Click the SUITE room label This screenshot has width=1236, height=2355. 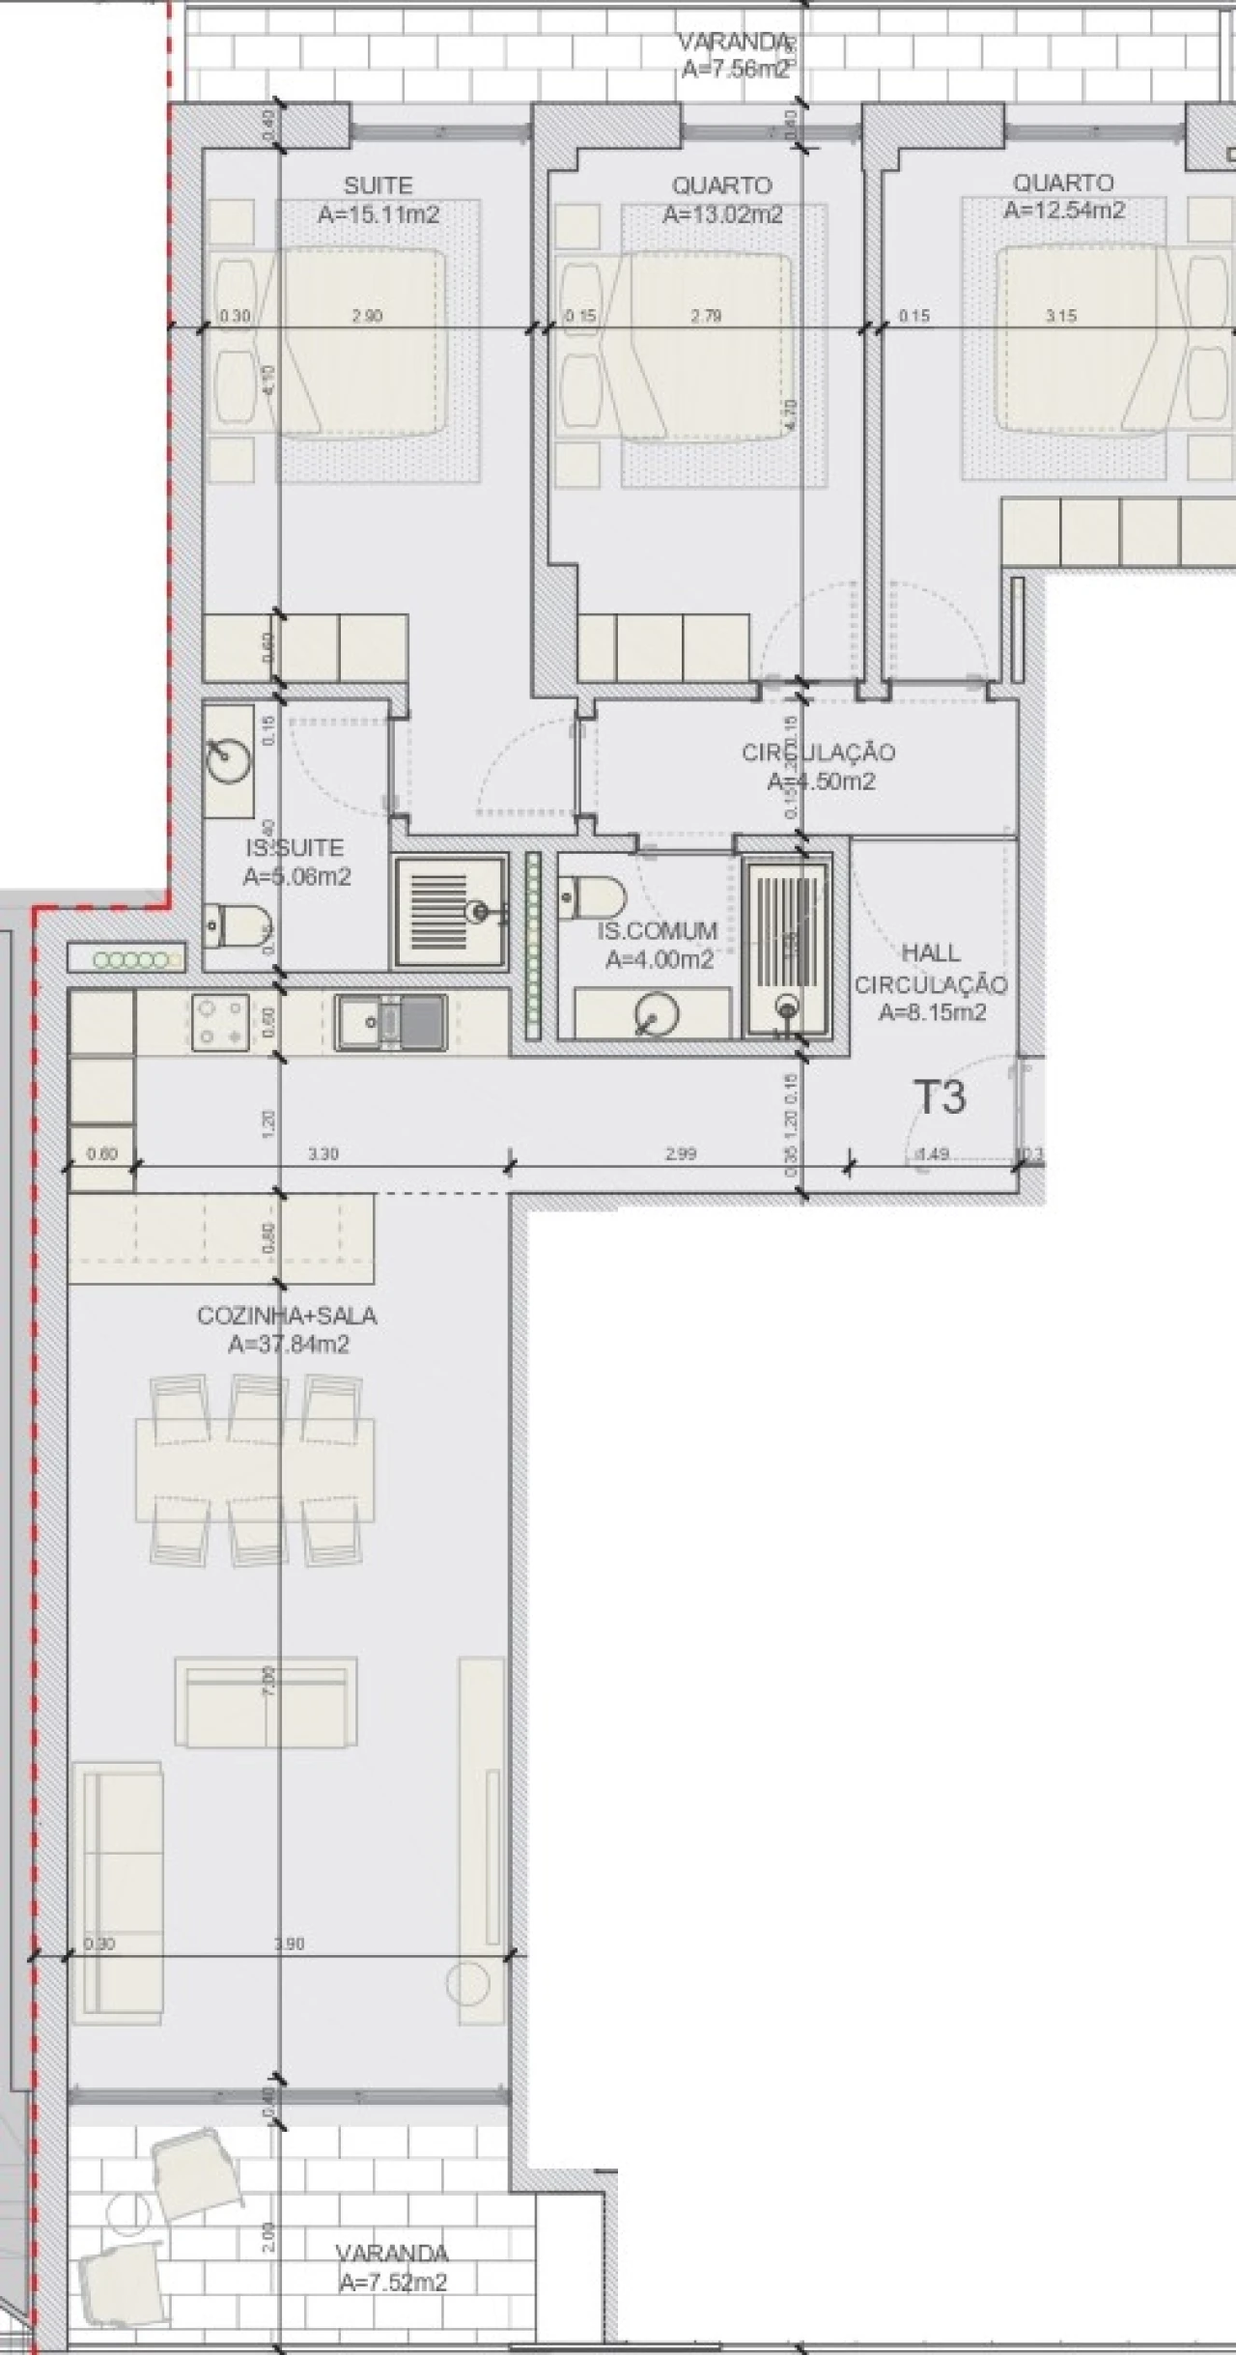[378, 185]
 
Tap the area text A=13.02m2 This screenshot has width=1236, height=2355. [721, 214]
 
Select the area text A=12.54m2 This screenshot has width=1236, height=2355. [1063, 210]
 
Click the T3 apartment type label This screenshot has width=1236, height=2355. [939, 1097]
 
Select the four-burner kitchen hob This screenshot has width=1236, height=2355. [220, 1022]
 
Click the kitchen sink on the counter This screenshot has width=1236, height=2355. [391, 1022]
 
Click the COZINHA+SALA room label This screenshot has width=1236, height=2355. [287, 1316]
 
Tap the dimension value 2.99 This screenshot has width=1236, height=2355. [681, 1153]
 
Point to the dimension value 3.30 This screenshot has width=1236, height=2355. [323, 1153]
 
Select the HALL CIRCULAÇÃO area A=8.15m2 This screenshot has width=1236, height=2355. [932, 1012]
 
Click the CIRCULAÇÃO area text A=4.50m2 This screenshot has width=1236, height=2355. [821, 780]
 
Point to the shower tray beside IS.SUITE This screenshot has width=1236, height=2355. [450, 911]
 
